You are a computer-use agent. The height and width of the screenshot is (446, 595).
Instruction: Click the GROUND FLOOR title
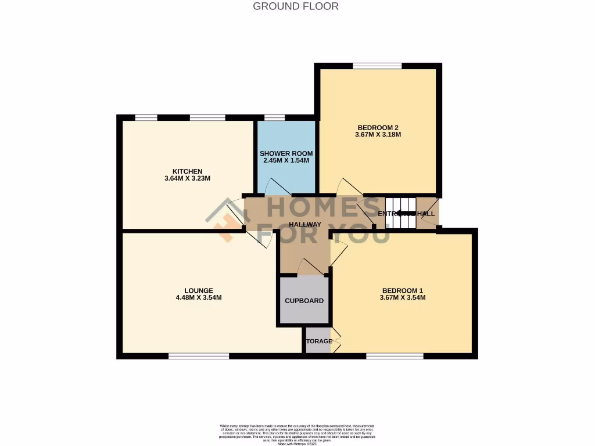click(296, 6)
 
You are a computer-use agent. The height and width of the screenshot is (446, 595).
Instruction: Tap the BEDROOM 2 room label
click(378, 127)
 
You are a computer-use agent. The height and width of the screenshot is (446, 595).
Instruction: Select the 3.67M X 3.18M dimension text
click(378, 135)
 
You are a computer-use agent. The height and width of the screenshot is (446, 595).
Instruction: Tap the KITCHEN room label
click(187, 171)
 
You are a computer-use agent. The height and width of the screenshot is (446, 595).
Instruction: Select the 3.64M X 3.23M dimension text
click(187, 179)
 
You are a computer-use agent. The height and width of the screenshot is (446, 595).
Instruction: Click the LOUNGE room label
click(199, 290)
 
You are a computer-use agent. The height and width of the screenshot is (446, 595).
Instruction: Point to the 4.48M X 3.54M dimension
click(199, 298)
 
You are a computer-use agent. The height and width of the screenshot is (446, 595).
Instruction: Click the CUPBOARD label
click(304, 301)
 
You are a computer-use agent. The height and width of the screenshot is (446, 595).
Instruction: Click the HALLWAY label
click(305, 224)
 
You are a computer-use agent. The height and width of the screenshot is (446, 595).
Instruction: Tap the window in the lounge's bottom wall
click(198, 356)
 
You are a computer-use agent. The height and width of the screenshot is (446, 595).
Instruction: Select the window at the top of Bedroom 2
click(377, 66)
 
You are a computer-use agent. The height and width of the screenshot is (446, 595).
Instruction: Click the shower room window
click(274, 118)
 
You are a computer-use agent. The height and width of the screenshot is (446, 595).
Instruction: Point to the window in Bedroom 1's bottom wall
click(395, 356)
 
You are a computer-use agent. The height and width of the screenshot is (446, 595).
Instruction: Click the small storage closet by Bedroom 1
click(317, 341)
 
